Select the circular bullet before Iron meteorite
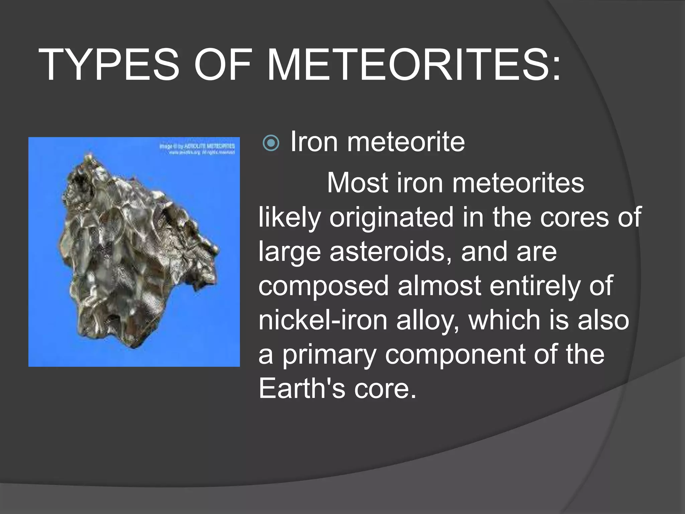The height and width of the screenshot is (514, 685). (x=271, y=144)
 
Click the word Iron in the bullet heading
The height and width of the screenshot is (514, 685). (x=314, y=142)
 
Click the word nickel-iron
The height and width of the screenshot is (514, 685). (x=323, y=320)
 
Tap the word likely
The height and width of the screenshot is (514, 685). (x=290, y=218)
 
